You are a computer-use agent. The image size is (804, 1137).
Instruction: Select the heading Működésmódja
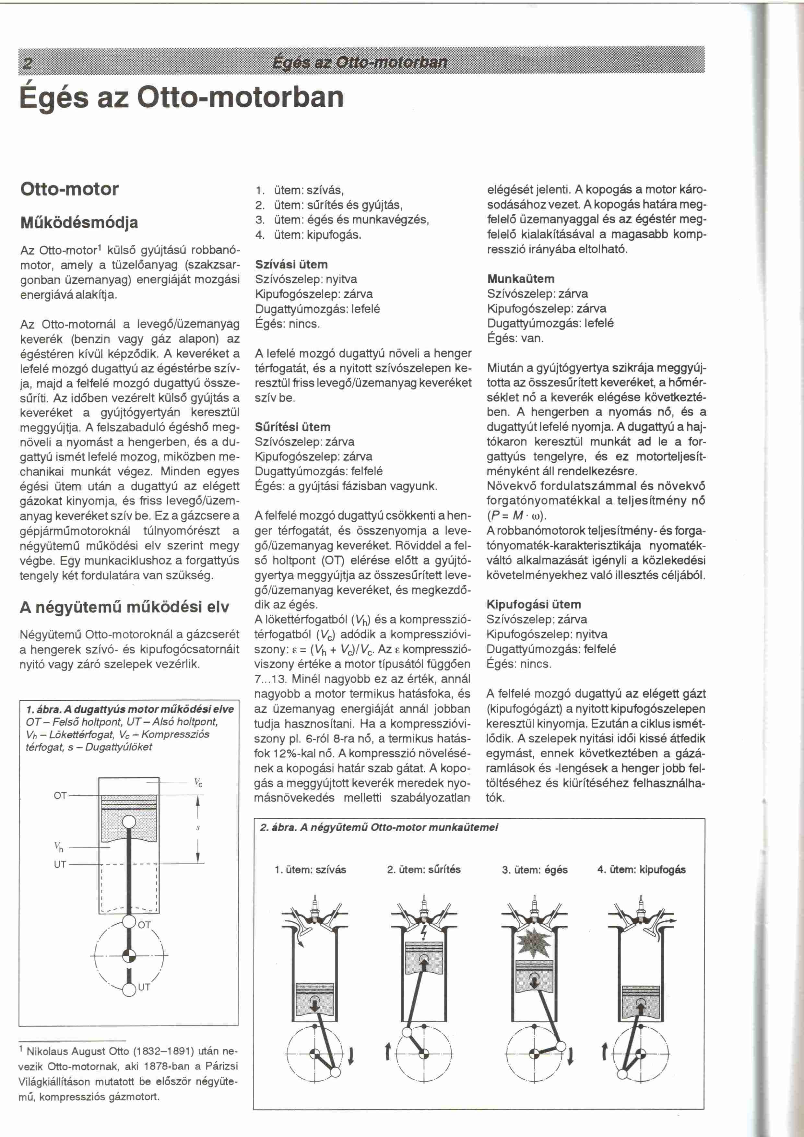(79, 222)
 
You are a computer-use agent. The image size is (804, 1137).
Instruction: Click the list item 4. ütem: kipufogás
(308, 235)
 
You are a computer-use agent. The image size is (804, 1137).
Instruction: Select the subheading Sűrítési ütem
(293, 427)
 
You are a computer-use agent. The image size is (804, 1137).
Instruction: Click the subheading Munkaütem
(521, 279)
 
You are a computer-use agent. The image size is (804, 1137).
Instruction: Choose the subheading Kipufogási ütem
(534, 604)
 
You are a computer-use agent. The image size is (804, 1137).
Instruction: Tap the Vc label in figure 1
(198, 783)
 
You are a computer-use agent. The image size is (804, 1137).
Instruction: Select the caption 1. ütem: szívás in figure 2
(310, 870)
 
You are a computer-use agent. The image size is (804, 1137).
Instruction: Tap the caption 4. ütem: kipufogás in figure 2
(641, 870)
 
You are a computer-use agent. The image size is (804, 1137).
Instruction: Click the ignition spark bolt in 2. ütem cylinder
(424, 933)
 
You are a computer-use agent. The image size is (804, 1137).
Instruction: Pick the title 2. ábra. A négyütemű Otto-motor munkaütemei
(379, 827)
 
